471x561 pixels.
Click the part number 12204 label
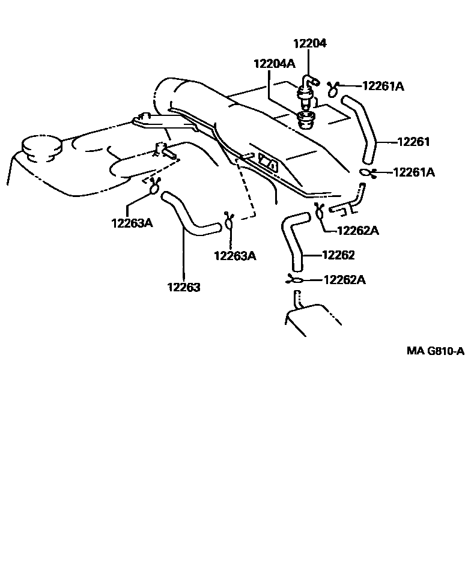(310, 44)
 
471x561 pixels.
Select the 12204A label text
(274, 64)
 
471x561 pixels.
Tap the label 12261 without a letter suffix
(414, 142)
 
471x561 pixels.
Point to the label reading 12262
(338, 255)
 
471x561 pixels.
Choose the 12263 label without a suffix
(183, 287)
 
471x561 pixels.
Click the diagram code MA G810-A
(435, 351)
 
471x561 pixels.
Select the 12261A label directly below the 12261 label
(413, 172)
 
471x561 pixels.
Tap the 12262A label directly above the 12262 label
(358, 231)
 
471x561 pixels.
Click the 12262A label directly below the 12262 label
(345, 280)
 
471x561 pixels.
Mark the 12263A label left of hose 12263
(132, 223)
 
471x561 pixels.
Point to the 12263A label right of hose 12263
(235, 256)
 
